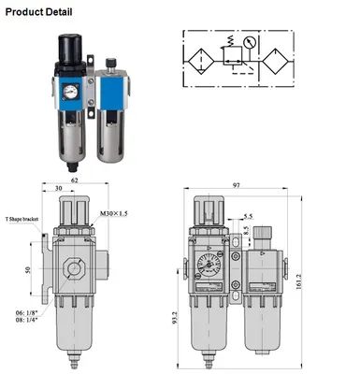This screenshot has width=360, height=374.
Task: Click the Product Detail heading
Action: point(38,12)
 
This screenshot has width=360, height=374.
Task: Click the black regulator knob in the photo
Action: point(70,49)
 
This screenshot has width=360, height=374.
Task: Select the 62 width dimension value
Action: point(75,180)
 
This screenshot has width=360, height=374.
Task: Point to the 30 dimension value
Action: point(58,188)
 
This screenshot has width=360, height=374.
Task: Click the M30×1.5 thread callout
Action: point(113,213)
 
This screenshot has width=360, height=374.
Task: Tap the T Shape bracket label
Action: point(22,219)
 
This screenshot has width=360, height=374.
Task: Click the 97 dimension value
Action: point(237,185)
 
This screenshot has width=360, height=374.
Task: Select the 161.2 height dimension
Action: point(298,281)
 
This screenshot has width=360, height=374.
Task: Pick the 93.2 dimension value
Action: point(175,318)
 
